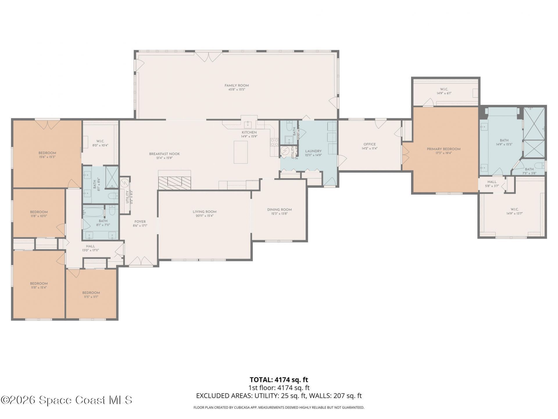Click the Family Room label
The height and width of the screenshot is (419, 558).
pyautogui.click(x=237, y=86)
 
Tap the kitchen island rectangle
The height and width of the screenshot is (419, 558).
pyautogui.click(x=241, y=152)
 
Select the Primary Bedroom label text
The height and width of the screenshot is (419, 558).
pyautogui.click(x=443, y=149)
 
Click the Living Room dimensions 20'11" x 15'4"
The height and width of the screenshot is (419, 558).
pyautogui.click(x=205, y=216)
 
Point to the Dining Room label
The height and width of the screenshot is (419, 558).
pyautogui.click(x=279, y=210)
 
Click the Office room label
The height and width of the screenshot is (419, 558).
pyautogui.click(x=369, y=144)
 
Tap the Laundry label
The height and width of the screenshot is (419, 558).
pyautogui.click(x=313, y=151)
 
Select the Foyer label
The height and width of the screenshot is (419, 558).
pyautogui.click(x=140, y=222)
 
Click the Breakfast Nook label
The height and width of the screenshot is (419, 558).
pyautogui.click(x=164, y=154)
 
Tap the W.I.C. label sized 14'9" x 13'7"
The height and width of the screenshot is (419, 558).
pyautogui.click(x=514, y=209)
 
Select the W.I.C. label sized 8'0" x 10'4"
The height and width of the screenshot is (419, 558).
pyautogui.click(x=100, y=141)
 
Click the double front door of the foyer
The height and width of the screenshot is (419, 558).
pyautogui.click(x=141, y=262)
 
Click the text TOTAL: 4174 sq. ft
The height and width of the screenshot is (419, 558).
pyautogui.click(x=279, y=380)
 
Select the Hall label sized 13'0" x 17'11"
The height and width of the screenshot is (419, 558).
pyautogui.click(x=90, y=246)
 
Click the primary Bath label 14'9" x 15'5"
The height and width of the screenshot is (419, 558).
pyautogui.click(x=504, y=141)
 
